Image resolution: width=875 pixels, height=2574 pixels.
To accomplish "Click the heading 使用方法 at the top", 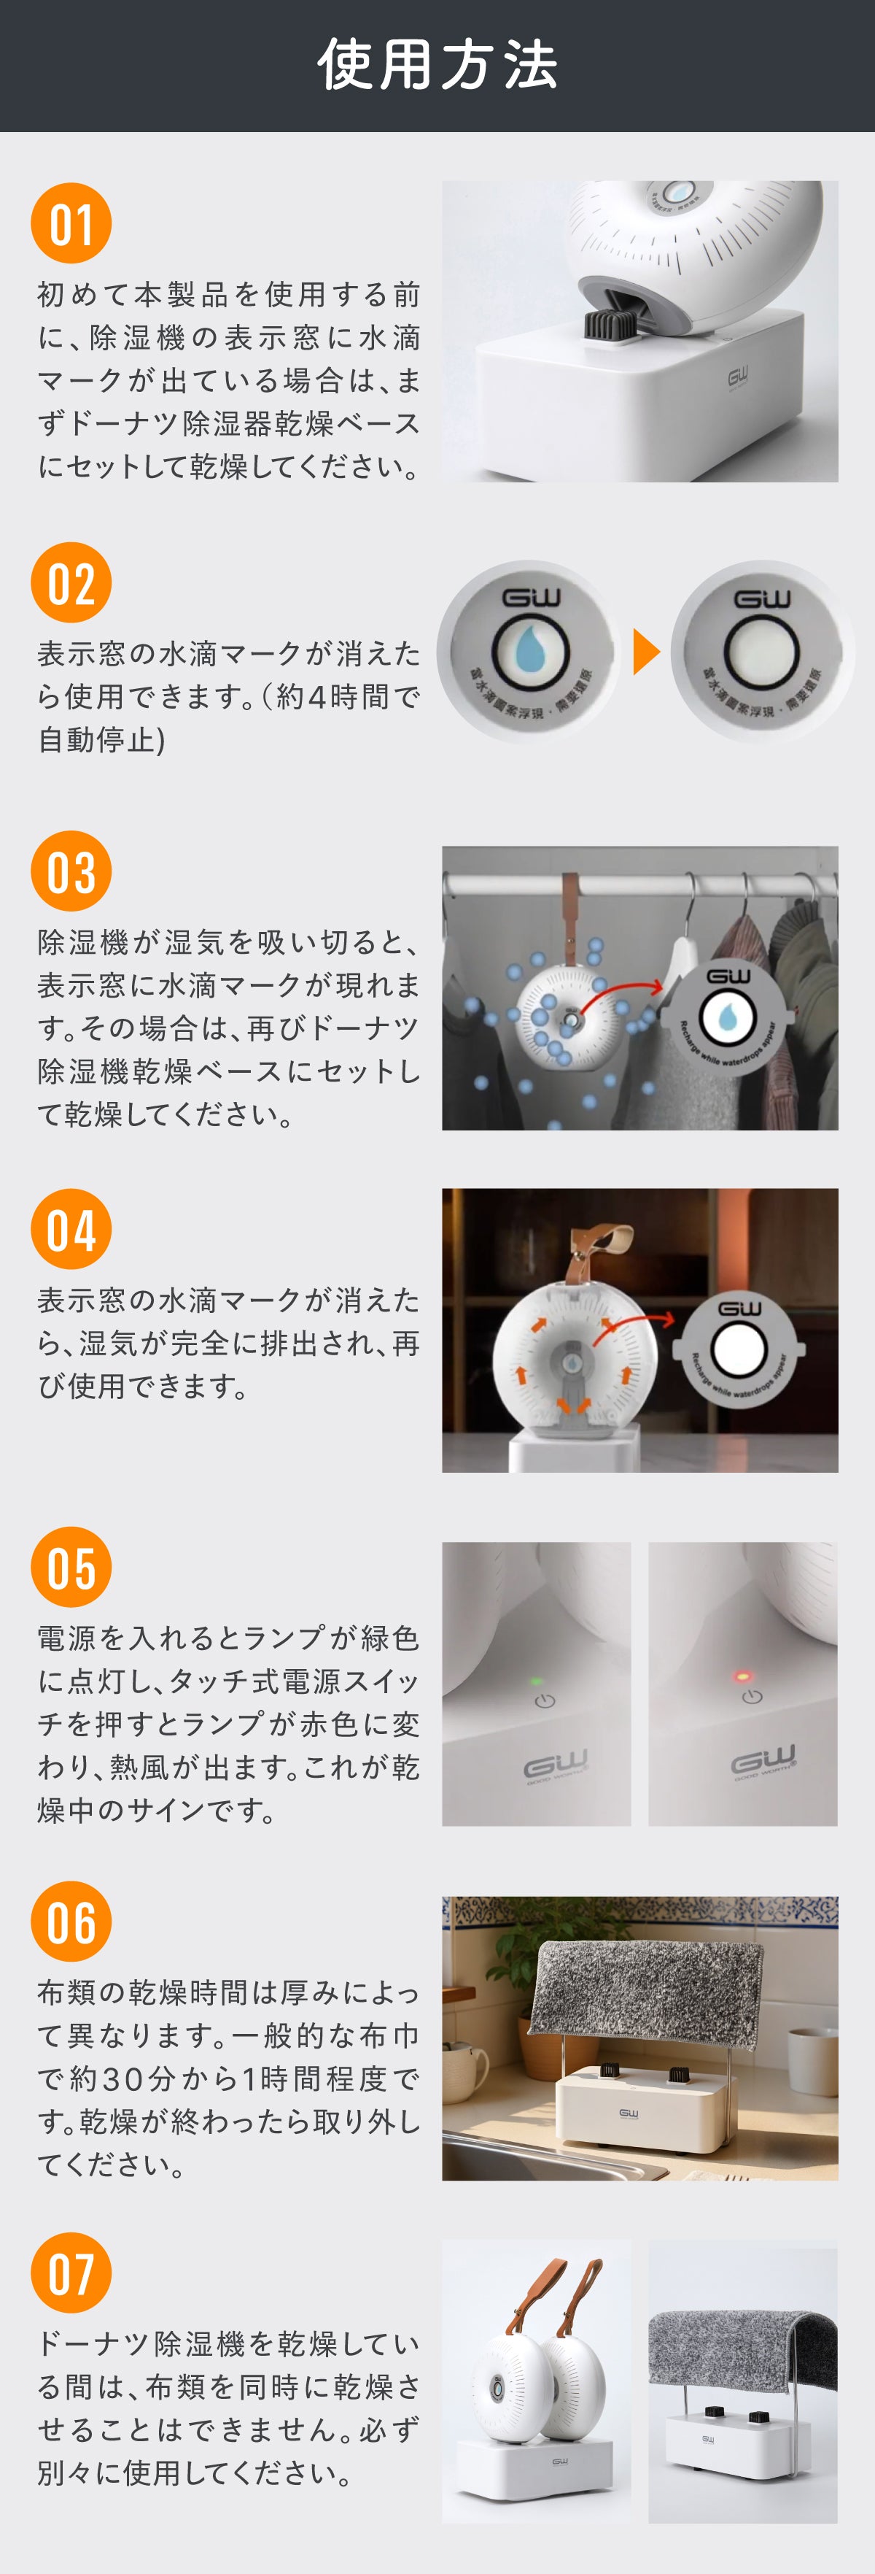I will coord(437,65).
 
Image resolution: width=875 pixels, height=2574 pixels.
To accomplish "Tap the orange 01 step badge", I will coord(71,223).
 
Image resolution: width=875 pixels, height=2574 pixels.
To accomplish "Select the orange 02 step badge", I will coord(71,582).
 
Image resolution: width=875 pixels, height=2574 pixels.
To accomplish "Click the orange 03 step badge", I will coord(71,871).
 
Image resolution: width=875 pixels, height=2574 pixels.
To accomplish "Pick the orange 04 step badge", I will coord(71,1228).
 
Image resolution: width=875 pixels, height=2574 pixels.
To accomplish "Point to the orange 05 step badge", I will coord(71,1567).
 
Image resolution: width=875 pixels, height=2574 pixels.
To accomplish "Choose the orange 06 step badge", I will coord(71,1922).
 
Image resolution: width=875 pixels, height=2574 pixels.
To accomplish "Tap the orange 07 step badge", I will coord(71,2273).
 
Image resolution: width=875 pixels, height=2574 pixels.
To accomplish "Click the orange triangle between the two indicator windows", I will coord(645,652).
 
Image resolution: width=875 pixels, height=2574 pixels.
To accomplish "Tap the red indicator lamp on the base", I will coord(742,1676).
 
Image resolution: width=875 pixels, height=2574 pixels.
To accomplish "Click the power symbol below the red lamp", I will coord(751,1697).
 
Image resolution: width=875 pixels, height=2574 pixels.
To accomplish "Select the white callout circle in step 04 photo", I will coord(739,1349).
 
